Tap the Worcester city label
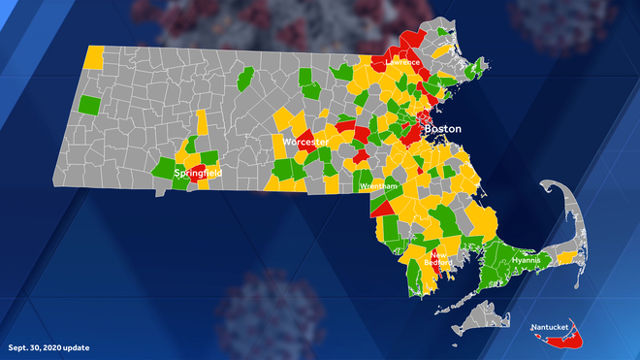[306, 142]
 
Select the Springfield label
[197, 173]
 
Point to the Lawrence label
[402, 62]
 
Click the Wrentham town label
[377, 185]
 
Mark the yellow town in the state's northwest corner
[95, 56]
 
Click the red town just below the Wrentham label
[382, 207]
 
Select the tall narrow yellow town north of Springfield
[200, 126]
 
